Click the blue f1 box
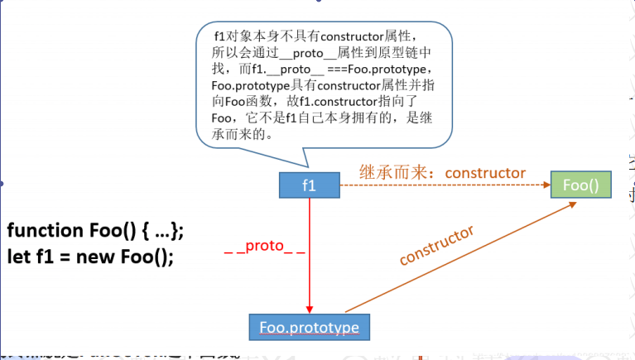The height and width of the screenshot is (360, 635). (309, 185)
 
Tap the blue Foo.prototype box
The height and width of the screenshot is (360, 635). (309, 327)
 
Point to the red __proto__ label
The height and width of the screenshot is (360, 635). (264, 247)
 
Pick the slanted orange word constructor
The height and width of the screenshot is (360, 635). (436, 244)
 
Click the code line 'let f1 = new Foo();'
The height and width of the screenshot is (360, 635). (91, 256)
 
